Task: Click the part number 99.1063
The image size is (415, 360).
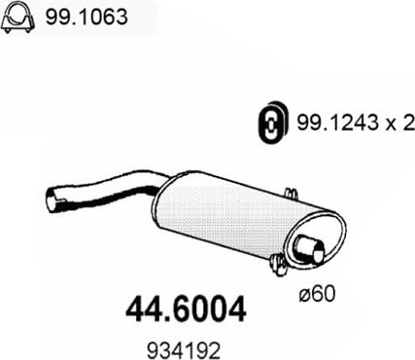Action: point(86,17)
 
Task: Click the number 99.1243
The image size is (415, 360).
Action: point(337,123)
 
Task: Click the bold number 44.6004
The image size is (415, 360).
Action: point(186,309)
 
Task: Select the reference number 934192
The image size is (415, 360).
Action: point(184,350)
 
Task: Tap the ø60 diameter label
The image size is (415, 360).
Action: point(317,294)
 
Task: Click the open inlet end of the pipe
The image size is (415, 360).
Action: point(52,198)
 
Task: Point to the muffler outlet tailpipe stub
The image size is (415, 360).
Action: point(308,249)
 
